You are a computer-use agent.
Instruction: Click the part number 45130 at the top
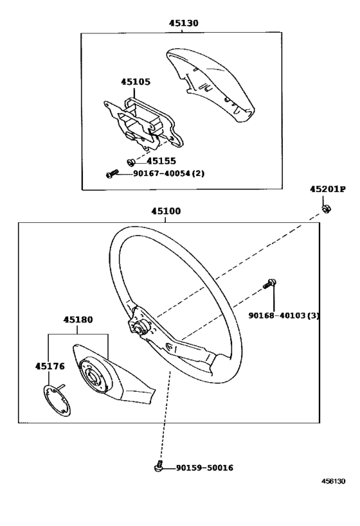click(x=184, y=23)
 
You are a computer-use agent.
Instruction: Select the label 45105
click(x=135, y=82)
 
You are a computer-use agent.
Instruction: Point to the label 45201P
click(x=327, y=189)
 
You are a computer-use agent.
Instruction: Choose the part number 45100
click(x=166, y=211)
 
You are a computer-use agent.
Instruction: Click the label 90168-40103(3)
click(x=283, y=315)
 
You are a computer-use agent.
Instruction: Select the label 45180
click(x=78, y=319)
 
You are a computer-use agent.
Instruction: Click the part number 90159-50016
click(x=204, y=468)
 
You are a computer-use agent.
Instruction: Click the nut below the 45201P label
click(x=326, y=208)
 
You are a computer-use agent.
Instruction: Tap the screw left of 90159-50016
click(x=159, y=468)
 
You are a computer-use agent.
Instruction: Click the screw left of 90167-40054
click(x=113, y=173)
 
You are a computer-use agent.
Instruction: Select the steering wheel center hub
click(x=138, y=329)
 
